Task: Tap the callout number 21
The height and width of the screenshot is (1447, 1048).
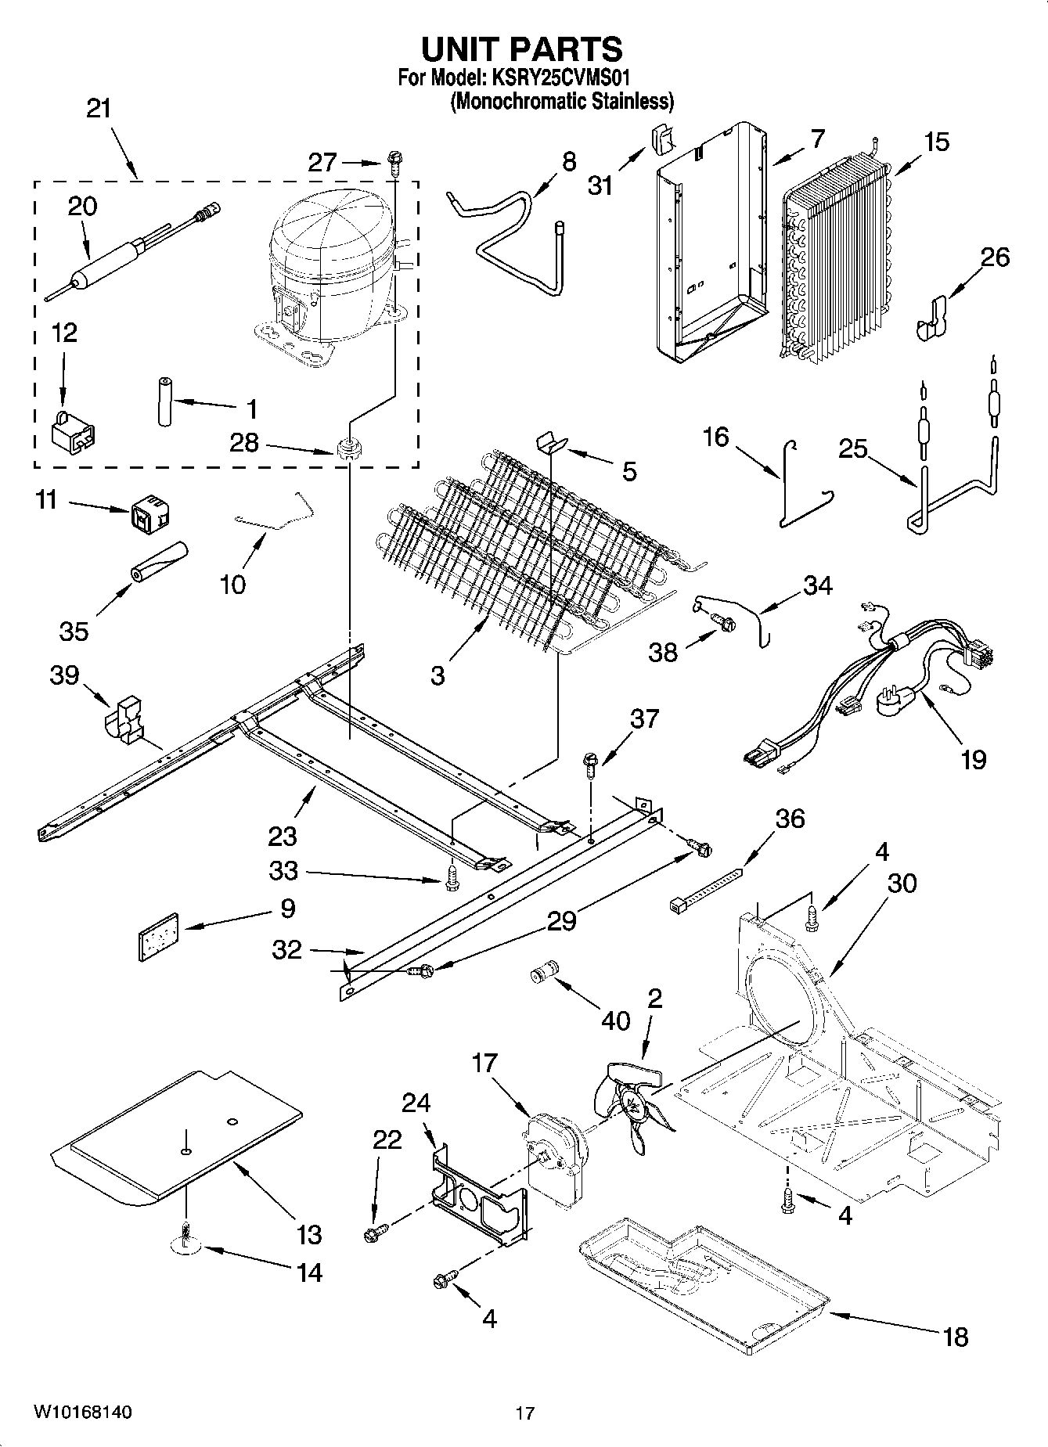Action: point(99,109)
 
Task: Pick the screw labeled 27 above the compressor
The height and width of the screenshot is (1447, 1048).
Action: point(394,164)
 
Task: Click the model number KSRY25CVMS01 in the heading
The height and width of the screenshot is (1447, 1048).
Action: point(560,78)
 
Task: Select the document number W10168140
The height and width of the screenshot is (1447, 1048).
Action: point(82,1412)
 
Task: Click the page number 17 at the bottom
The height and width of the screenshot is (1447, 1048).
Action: point(525,1413)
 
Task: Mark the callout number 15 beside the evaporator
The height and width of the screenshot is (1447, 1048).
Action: point(936,142)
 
